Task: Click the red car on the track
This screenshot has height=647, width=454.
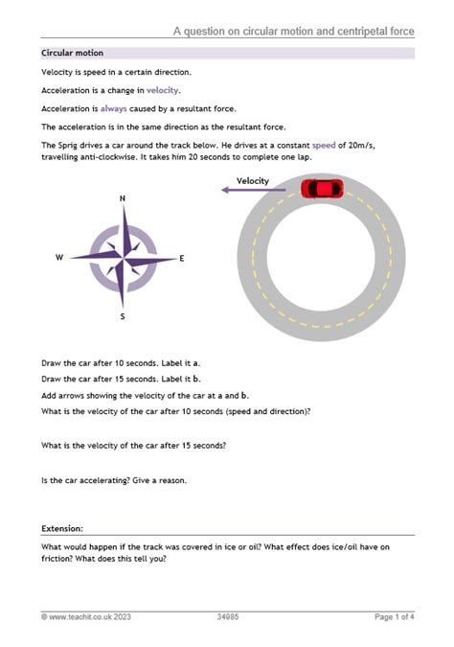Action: click(321, 188)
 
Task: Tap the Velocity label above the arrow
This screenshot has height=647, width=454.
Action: click(252, 180)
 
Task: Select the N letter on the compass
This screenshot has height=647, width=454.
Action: click(123, 199)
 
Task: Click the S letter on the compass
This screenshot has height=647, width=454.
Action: click(123, 315)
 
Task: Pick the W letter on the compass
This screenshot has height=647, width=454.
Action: click(59, 258)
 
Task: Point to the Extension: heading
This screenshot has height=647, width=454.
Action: click(62, 528)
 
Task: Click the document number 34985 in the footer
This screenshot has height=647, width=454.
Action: click(227, 616)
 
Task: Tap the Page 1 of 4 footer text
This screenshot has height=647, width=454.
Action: click(394, 616)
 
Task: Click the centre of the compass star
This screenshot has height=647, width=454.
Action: click(123, 258)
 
